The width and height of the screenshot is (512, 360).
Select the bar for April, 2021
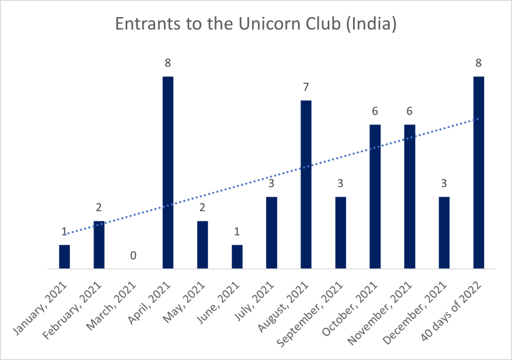[168, 172]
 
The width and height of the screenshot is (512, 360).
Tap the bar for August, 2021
[306, 184]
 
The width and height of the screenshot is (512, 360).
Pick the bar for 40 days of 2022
[478, 172]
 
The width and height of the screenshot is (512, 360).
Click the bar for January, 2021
[64, 256]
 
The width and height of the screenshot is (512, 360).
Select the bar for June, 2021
[237, 256]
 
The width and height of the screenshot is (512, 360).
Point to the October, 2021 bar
[375, 196]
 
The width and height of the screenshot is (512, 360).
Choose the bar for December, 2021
[444, 232]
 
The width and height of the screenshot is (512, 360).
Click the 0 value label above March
[133, 255]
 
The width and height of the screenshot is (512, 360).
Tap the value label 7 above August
[306, 87]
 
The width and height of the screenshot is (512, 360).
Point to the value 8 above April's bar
[168, 63]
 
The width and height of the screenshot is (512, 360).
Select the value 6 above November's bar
[409, 111]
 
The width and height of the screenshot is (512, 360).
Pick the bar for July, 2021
[271, 232]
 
